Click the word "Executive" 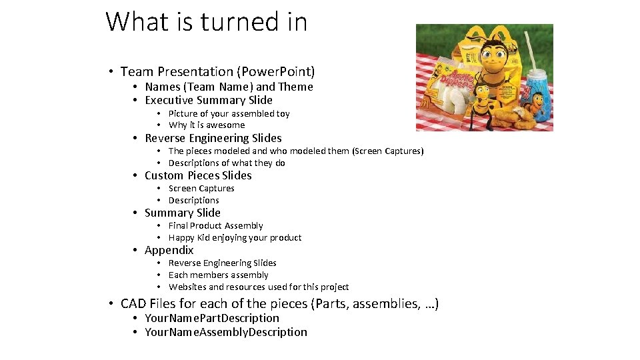point(169,100)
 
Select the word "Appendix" point(169,250)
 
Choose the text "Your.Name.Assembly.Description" point(226,332)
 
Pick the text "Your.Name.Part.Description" point(212,318)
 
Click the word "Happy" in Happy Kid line point(181,237)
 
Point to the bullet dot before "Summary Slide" point(135,213)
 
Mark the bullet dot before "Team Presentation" point(111,71)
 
